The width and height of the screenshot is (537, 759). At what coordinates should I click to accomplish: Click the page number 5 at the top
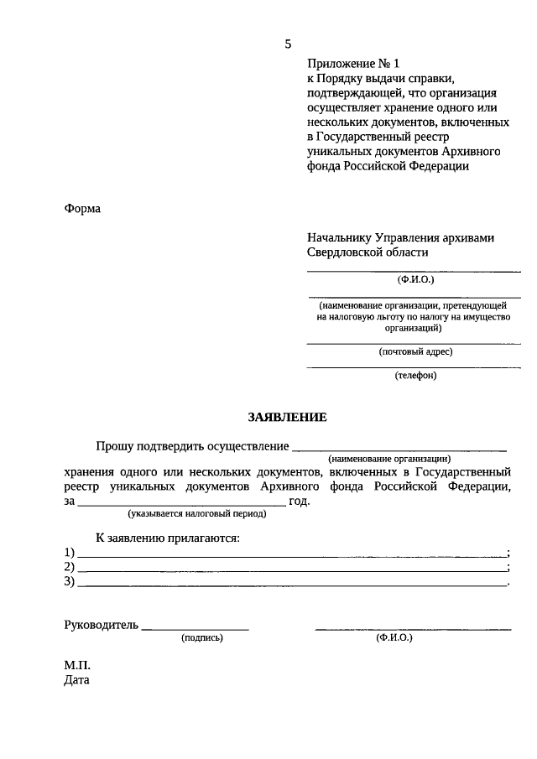tap(287, 44)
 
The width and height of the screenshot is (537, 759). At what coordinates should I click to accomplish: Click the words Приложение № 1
tap(355, 63)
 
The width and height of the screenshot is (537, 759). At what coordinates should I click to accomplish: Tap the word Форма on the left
tap(82, 209)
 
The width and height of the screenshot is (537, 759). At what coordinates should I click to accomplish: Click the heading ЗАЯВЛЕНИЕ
tap(287, 417)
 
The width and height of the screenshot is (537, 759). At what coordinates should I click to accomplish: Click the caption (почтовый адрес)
tap(415, 351)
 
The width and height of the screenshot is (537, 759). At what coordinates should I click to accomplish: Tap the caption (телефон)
tap(415, 375)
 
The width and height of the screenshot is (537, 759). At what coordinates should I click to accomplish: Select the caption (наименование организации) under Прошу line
tap(389, 459)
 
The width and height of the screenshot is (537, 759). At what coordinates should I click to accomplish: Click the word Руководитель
tap(102, 625)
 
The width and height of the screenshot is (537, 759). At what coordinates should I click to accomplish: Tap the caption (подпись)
tap(202, 637)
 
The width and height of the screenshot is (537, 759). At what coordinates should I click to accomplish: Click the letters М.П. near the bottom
tap(77, 666)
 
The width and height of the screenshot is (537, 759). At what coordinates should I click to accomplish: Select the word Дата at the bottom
tap(76, 680)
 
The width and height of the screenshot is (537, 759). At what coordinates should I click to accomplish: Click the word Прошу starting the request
tap(113, 446)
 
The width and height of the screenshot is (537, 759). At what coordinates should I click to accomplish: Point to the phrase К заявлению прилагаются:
tap(167, 538)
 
